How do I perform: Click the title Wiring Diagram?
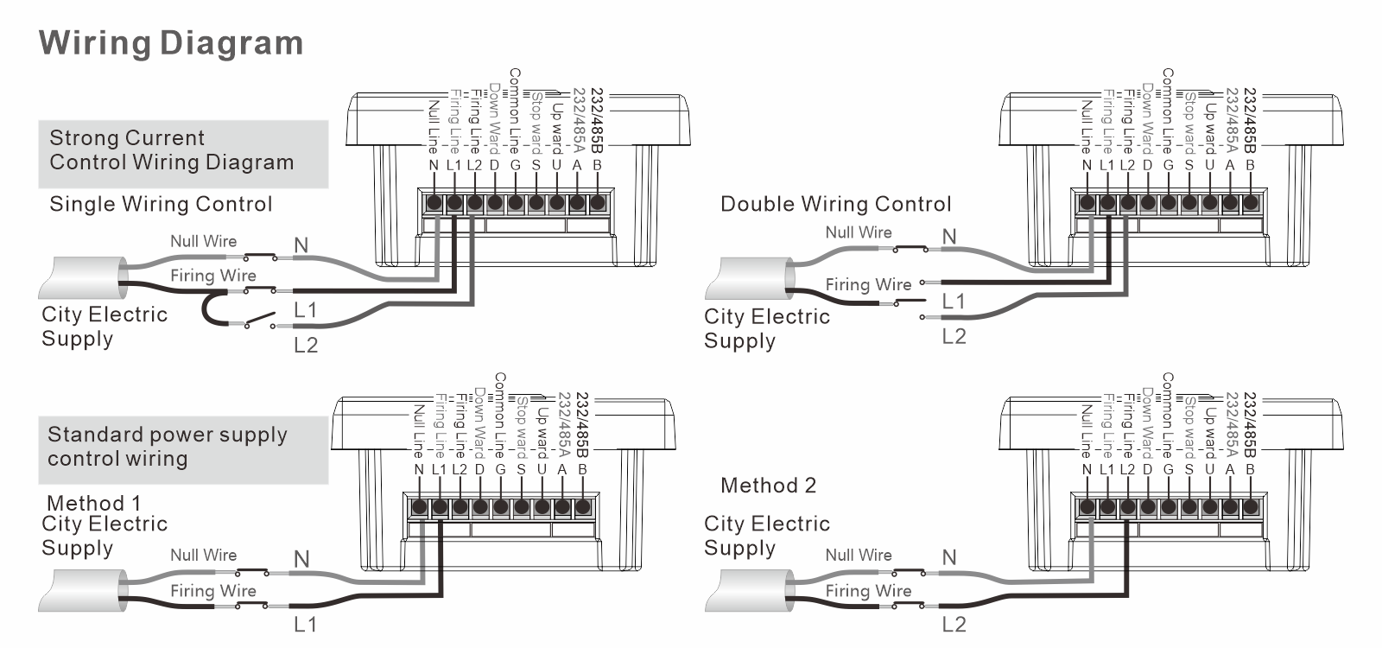pos(171,43)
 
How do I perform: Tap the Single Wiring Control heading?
pos(161,205)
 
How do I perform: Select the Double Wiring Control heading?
pos(835,205)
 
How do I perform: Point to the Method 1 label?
pos(93,503)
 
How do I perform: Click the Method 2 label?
pos(768,486)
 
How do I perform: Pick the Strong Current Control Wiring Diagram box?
pos(183,154)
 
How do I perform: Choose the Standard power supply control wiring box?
pos(183,449)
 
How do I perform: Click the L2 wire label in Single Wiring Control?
pos(306,346)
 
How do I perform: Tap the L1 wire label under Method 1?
pos(306,624)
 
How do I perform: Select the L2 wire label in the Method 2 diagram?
pos(954,624)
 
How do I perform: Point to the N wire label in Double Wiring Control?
pos(949,237)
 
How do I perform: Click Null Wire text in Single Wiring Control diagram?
pos(203,242)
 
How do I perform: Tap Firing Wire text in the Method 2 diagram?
pos(868,591)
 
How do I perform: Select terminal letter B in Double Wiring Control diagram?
pos(1250,165)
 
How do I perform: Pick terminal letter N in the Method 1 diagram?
pos(419,470)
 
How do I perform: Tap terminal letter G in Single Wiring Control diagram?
pos(515,165)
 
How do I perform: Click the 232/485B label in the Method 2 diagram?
pos(1250,423)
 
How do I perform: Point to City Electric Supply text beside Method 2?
pos(766,536)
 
